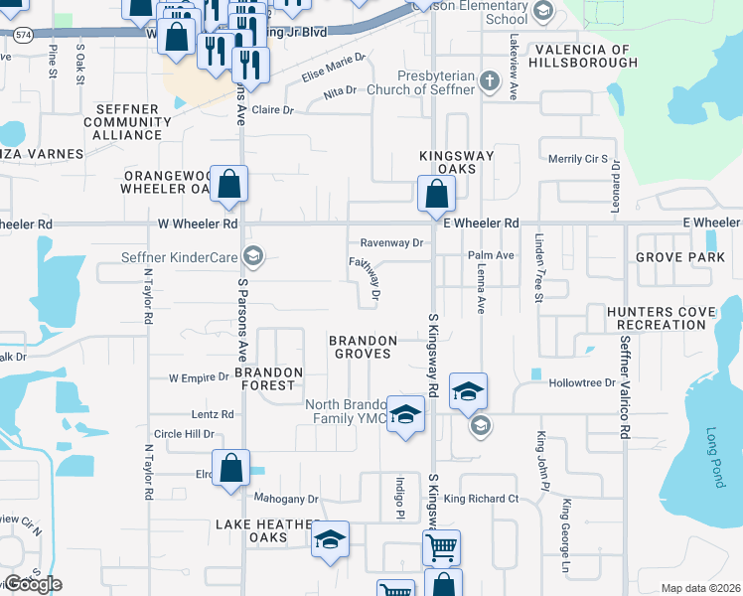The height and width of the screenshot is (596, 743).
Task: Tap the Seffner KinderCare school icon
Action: coord(253,258)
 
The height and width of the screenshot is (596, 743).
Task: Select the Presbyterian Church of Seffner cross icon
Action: coord(488,81)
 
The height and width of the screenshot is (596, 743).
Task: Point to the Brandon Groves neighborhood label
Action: coord(365,347)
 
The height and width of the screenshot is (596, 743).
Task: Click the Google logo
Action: coord(33,584)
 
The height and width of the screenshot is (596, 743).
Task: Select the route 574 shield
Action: coord(22,33)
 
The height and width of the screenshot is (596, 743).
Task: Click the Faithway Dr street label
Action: coord(367,277)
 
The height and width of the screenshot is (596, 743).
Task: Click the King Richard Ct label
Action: coord(482,499)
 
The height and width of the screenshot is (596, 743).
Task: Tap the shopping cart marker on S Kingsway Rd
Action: coord(441,545)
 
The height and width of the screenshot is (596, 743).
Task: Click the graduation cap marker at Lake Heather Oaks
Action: coord(331,538)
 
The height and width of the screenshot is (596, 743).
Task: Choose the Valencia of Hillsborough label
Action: coord(584,56)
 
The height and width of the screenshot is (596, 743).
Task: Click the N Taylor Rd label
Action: coord(147,296)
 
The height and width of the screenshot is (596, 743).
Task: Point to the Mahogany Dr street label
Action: coord(285,499)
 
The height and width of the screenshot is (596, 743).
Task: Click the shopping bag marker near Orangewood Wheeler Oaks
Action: coord(229,184)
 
